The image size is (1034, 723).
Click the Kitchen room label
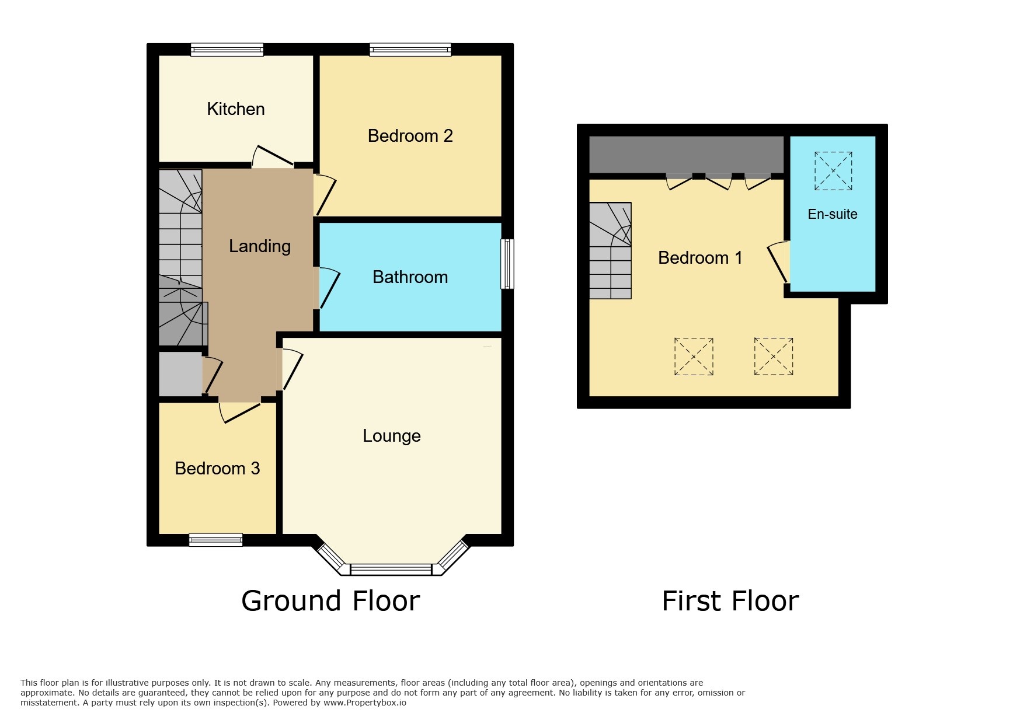(236, 109)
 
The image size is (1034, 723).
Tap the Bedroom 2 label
(410, 136)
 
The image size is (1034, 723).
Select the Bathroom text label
(410, 277)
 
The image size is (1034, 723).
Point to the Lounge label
(392, 436)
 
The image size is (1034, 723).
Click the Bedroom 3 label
(217, 469)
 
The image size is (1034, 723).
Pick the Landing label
(260, 247)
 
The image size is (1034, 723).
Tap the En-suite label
(833, 214)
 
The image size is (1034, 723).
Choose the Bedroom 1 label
(700, 258)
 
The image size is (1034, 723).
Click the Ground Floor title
(330, 601)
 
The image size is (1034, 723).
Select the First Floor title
(730, 601)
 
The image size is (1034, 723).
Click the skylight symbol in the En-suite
(833, 171)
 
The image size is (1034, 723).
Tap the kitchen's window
(227, 50)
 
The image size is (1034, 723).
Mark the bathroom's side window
(507, 264)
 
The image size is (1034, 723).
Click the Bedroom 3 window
(215, 540)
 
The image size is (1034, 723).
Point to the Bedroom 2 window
(410, 50)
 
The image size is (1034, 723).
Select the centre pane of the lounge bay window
(391, 570)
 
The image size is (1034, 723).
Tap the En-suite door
(779, 262)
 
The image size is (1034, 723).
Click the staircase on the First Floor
(610, 251)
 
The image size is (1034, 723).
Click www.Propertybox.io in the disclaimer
(365, 703)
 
